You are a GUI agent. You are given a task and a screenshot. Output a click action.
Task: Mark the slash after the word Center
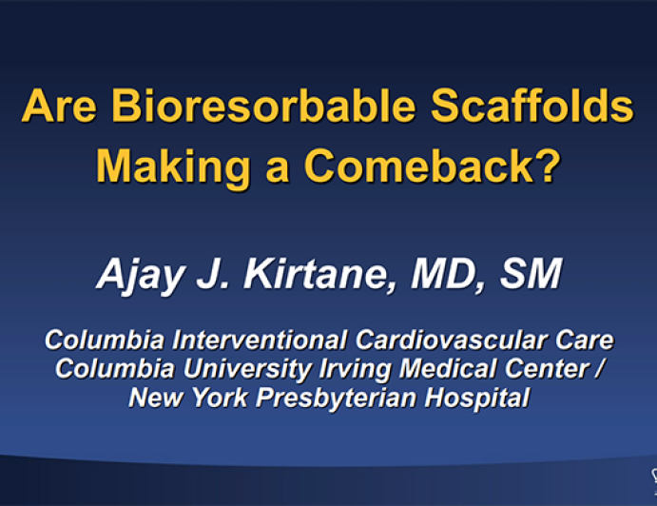click(x=596, y=368)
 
